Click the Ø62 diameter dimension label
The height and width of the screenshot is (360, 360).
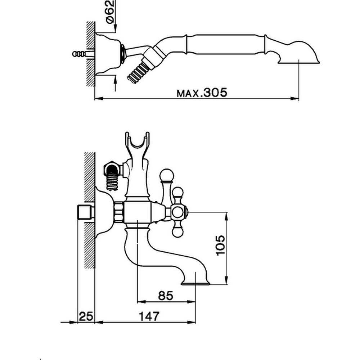tap(111, 12)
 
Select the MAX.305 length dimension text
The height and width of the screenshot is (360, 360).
tap(202, 93)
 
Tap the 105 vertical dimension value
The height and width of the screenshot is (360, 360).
tap(220, 245)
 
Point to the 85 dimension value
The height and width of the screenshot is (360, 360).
tap(166, 296)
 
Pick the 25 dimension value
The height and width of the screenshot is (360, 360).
tap(86, 317)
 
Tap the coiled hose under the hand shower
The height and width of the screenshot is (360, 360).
tap(137, 72)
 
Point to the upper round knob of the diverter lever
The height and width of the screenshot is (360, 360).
tap(167, 176)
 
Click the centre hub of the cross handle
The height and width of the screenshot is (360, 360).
tap(177, 212)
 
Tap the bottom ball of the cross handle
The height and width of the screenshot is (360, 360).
tap(177, 232)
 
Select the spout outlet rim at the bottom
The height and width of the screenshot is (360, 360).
tap(195, 283)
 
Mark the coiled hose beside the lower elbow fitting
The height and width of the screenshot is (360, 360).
tap(112, 182)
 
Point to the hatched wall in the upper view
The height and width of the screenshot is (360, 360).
tap(90, 54)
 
